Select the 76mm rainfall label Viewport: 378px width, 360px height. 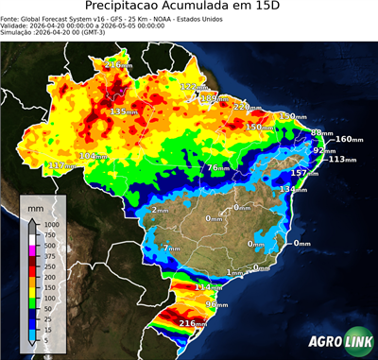click(218, 167)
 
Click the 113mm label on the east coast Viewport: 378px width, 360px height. click(340, 159)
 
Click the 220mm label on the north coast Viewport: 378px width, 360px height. click(247, 106)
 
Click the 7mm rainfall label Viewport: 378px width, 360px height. click(171, 249)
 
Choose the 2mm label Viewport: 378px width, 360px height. click(159, 210)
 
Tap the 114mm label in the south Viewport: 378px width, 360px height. click(207, 286)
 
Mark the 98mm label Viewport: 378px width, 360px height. click(216, 305)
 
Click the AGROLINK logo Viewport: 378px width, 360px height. click(337, 341)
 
